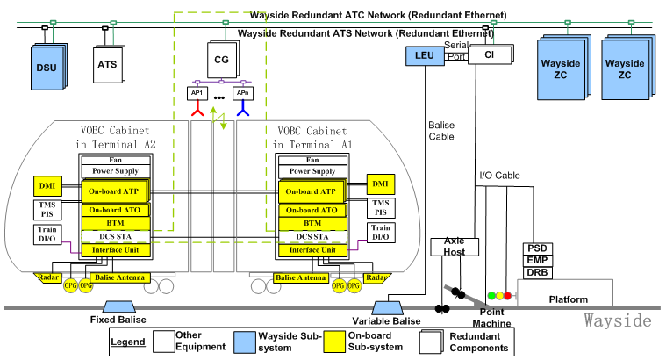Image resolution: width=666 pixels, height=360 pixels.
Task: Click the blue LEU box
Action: (426, 57)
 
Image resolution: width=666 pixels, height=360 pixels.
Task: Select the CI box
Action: (486, 55)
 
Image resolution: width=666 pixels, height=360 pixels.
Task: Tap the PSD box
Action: (537, 248)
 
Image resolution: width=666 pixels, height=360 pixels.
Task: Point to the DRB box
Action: (537, 273)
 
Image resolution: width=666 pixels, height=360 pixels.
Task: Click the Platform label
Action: (568, 299)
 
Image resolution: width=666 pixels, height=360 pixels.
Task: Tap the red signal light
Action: (506, 296)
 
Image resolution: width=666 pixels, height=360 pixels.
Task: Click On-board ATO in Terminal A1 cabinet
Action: (309, 210)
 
